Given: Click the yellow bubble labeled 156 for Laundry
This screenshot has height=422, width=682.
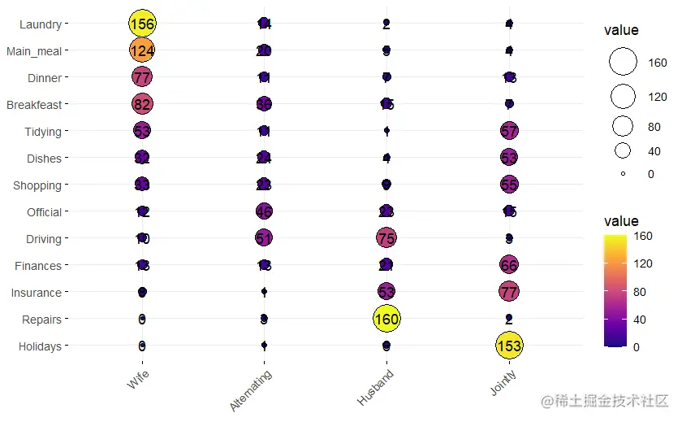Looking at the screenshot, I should tap(142, 24).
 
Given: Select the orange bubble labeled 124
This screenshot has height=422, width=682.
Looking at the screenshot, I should tap(142, 50).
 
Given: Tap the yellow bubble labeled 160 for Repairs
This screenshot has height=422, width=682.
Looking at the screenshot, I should tap(386, 319).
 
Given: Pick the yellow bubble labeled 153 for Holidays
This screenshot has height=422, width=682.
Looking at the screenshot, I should tap(509, 346).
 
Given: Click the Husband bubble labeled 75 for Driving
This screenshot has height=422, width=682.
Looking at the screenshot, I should tap(386, 238).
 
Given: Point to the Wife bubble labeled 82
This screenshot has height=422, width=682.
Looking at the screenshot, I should tap(142, 104).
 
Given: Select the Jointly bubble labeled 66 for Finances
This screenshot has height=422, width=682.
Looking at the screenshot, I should tap(509, 265).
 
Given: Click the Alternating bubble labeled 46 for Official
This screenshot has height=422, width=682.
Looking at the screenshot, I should tap(264, 211).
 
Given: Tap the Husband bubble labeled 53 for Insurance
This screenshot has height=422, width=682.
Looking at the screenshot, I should tap(386, 292).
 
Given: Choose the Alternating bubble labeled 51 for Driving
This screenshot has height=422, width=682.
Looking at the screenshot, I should tap(264, 238).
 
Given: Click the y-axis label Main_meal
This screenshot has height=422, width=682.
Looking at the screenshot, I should tap(33, 51).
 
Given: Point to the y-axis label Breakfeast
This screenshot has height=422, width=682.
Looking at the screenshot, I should tap(33, 105).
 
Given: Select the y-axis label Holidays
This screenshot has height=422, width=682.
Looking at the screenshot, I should tap(39, 346).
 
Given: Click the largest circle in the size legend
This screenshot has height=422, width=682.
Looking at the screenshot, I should tap(623, 63).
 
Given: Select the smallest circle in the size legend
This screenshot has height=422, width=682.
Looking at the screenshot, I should tap(623, 173).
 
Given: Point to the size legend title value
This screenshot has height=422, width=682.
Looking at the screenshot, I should tap(621, 30).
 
